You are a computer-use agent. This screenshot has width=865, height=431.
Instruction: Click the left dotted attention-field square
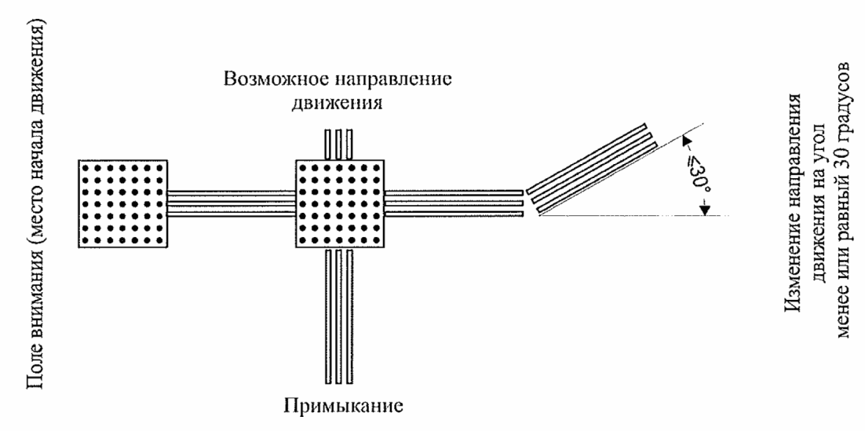click(122, 204)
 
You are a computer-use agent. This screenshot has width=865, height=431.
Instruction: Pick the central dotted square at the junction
click(338, 204)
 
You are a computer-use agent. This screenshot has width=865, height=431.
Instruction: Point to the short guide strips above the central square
click(338, 144)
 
